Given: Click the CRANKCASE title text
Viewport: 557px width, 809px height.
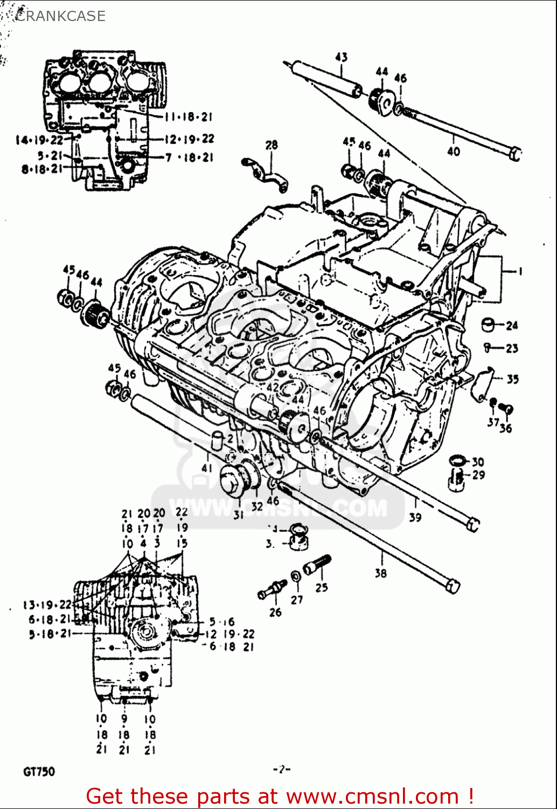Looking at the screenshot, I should tap(60, 16).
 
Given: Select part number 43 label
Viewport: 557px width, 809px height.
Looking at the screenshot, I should tap(342, 57).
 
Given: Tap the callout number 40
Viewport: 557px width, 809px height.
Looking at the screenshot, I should tap(454, 152).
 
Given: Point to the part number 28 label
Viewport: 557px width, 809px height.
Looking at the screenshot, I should tap(271, 145).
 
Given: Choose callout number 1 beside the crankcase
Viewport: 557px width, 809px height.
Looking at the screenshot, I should tap(520, 272).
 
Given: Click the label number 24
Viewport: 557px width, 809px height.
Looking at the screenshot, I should tap(512, 325).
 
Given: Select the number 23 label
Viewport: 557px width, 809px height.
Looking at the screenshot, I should tap(512, 348).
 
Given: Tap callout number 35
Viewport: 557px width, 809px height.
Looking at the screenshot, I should tap(512, 379).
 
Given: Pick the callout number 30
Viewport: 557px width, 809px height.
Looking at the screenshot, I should tap(478, 462).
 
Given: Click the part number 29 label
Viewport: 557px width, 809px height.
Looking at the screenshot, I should tap(478, 475).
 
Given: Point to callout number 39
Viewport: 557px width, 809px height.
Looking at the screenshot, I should tap(415, 518).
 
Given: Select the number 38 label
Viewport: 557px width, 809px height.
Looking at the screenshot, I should tap(381, 573).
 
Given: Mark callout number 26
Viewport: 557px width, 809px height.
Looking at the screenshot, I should tap(275, 612).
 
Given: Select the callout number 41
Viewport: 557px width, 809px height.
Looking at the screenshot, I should tap(207, 468).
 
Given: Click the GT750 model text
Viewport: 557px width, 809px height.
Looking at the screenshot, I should tap(39, 772).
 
